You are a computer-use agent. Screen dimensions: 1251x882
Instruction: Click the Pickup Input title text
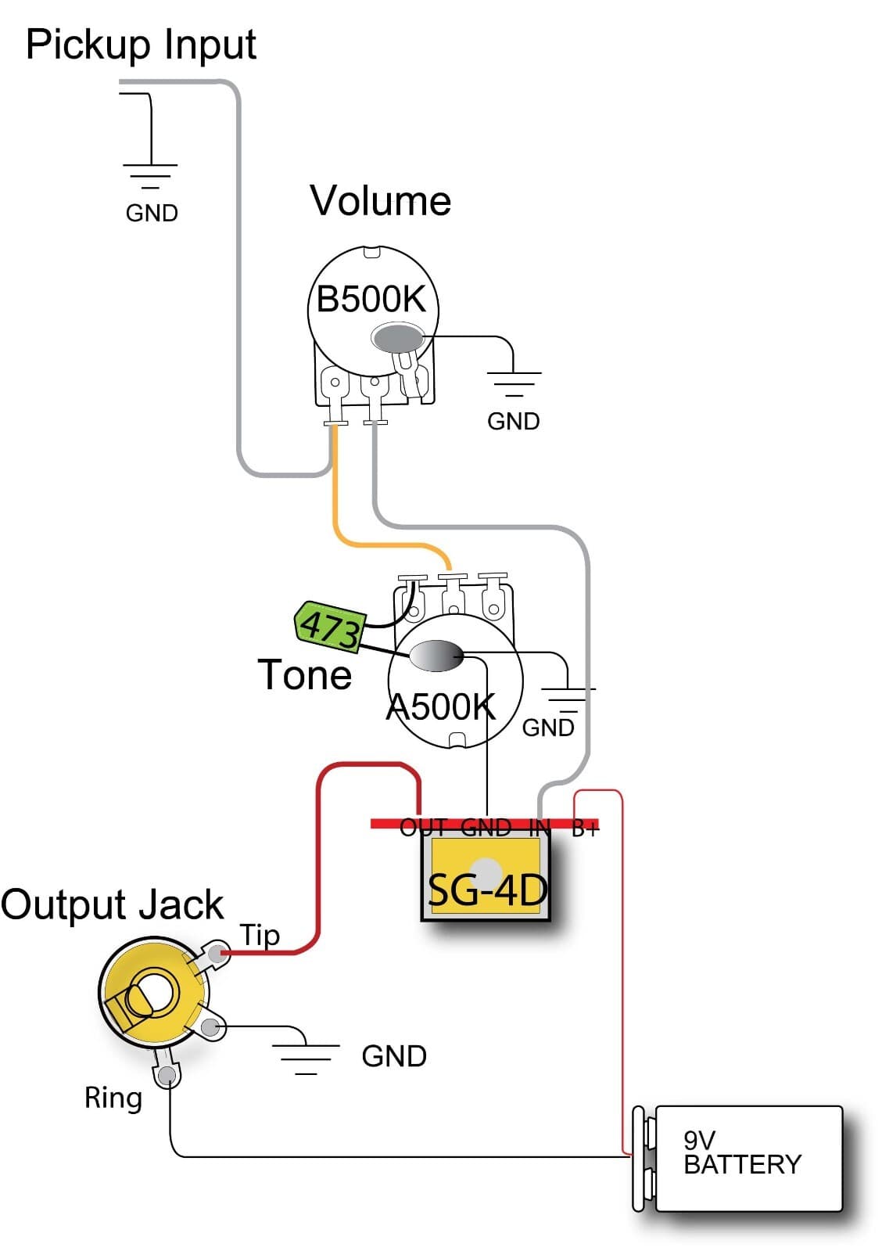(141, 45)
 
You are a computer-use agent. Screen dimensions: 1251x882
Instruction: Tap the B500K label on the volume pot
(371, 299)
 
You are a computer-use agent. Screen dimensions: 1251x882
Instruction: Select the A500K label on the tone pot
(441, 706)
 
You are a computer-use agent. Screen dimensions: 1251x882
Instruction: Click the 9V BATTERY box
(748, 1158)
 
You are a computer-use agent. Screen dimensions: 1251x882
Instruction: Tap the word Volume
(380, 201)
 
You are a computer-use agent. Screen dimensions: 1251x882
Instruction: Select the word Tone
(305, 674)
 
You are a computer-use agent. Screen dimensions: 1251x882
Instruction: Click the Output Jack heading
(112, 904)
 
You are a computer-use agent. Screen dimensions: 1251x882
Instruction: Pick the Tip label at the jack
(260, 935)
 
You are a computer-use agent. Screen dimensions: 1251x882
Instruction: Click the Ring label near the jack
(113, 1098)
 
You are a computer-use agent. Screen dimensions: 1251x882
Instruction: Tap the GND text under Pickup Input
(152, 213)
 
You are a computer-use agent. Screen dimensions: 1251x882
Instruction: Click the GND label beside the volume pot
(513, 421)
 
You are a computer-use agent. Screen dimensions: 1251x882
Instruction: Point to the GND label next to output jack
(394, 1056)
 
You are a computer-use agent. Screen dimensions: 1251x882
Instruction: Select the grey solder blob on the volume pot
(398, 338)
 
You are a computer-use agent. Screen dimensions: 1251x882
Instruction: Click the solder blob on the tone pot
(436, 656)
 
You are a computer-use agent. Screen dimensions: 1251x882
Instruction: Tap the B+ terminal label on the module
(585, 828)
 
